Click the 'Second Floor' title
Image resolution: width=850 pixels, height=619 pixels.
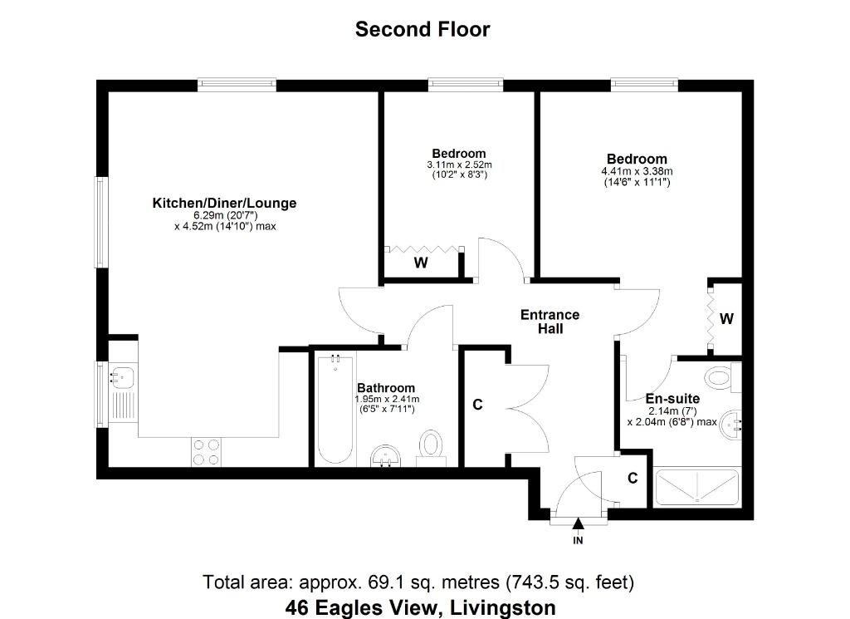pyautogui.click(x=423, y=29)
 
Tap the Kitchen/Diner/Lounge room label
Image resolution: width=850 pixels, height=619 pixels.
pyautogui.click(x=224, y=204)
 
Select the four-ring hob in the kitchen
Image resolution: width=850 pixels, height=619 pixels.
pyautogui.click(x=207, y=452)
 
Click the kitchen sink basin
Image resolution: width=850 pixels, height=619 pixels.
pyautogui.click(x=123, y=376)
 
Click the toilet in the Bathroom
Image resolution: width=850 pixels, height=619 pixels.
pyautogui.click(x=432, y=448)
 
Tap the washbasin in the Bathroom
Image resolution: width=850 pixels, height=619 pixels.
pyautogui.click(x=386, y=456)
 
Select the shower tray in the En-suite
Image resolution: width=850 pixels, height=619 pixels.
pyautogui.click(x=697, y=487)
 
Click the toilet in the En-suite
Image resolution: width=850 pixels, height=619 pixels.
pyautogui.click(x=724, y=377)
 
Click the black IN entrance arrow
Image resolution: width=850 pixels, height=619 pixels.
pyautogui.click(x=578, y=523)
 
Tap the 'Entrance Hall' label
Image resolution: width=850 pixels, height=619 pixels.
pyautogui.click(x=550, y=322)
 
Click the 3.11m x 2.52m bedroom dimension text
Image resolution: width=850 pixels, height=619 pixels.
pyautogui.click(x=459, y=165)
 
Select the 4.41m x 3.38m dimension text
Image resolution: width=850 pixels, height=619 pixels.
pyautogui.click(x=637, y=171)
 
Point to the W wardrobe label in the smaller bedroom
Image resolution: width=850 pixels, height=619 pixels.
pyautogui.click(x=421, y=263)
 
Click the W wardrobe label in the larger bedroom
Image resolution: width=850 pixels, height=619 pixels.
pyautogui.click(x=726, y=319)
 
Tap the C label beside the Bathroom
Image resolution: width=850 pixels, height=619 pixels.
pyautogui.click(x=477, y=405)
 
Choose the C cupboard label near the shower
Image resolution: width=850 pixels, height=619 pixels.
pyautogui.click(x=633, y=478)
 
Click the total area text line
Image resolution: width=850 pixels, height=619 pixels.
pyautogui.click(x=418, y=582)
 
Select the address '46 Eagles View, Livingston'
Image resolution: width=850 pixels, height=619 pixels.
pyautogui.click(x=421, y=607)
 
